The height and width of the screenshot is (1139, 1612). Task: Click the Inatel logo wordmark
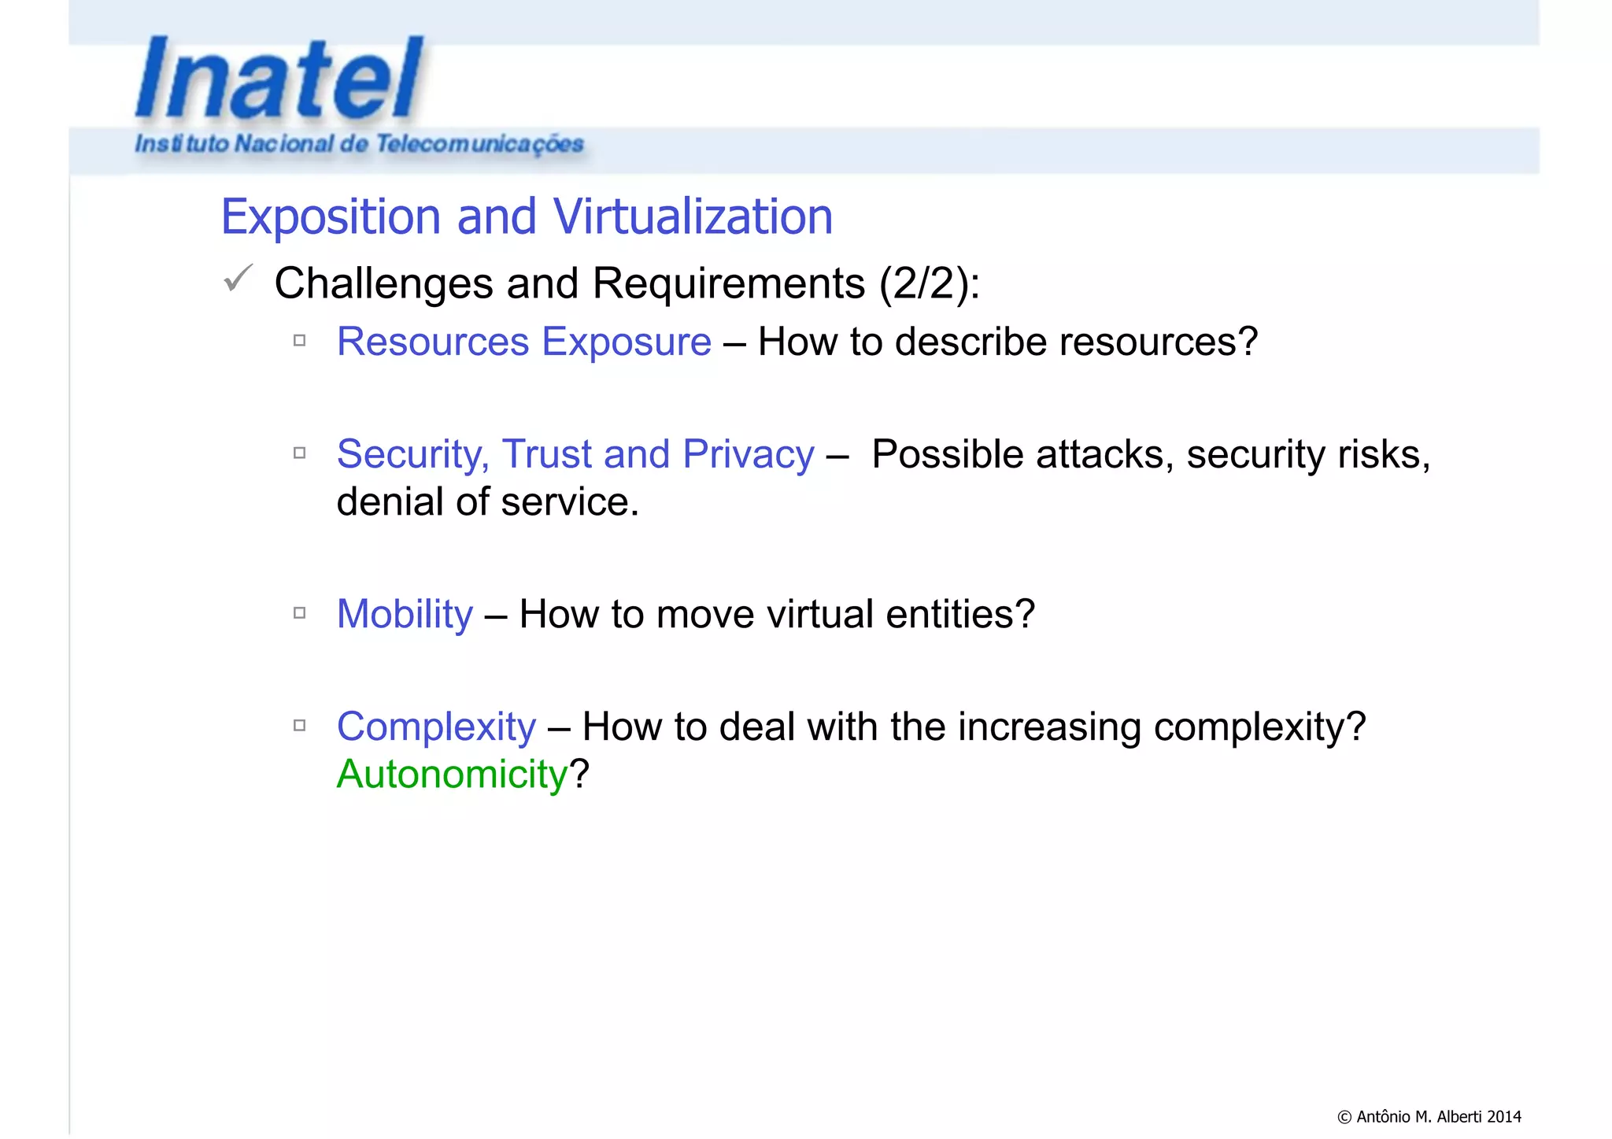(x=279, y=79)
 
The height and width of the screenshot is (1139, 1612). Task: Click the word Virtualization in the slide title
(x=692, y=216)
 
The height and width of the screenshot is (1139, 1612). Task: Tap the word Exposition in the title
(x=331, y=217)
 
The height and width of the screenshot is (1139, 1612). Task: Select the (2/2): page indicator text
(x=929, y=283)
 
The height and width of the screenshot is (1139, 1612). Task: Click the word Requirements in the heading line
(x=728, y=283)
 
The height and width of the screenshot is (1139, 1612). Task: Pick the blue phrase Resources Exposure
(x=523, y=342)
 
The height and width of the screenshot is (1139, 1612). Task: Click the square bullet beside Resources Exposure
(x=299, y=341)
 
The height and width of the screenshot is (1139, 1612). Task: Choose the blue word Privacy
(x=748, y=454)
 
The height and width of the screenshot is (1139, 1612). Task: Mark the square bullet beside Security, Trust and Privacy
(x=299, y=453)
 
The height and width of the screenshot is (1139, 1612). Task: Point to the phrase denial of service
(x=487, y=502)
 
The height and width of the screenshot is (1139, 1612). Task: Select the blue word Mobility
(x=405, y=614)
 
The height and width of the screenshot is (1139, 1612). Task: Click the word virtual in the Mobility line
(x=819, y=614)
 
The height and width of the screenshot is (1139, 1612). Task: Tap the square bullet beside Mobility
(x=299, y=612)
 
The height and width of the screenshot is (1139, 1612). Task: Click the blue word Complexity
(x=436, y=727)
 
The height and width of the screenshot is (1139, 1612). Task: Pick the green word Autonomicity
(x=452, y=775)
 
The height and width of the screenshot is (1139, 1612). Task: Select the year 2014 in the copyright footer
(x=1504, y=1116)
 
